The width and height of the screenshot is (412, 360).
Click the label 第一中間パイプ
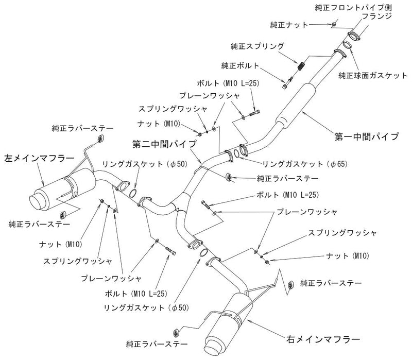367,136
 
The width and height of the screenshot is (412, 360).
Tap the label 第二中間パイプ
164,144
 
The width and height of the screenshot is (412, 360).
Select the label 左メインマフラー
40,159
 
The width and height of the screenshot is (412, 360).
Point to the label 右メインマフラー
323,339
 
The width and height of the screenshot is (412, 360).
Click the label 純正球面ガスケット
372,76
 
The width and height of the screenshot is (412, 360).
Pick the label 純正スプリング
257,46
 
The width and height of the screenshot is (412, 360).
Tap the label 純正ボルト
240,65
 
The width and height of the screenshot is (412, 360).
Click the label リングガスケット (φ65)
305,164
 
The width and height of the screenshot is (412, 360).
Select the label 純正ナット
289,25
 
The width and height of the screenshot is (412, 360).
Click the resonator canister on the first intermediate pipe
296,105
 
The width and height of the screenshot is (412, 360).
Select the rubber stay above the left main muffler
100,139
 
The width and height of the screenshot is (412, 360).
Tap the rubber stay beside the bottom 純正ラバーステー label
176,333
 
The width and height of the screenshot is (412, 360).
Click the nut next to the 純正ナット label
334,24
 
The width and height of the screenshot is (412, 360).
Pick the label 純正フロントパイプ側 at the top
353,7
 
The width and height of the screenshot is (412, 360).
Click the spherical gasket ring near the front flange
347,44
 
